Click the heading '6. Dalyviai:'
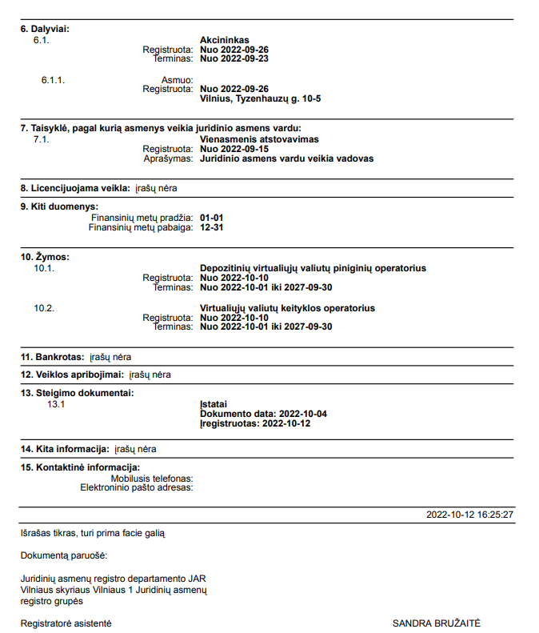coord(45,29)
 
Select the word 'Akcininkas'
coord(225,39)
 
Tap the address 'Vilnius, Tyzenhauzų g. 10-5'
coord(260,98)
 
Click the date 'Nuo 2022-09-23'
coord(234,58)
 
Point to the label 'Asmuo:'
coord(178,80)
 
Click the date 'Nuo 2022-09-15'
coord(234,149)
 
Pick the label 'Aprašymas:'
coord(169,158)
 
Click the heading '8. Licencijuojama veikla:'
coord(75,188)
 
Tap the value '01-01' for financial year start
coord(211,218)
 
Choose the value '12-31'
coord(211,227)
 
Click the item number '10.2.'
coord(44,308)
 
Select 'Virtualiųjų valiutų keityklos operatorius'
coord(287,308)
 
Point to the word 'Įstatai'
coord(213,404)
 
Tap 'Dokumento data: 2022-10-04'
coord(263,414)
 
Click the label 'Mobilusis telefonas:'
coord(153,478)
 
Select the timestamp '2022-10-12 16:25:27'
coord(469,515)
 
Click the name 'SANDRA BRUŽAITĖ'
coord(437,623)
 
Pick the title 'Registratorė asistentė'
coord(66,623)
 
